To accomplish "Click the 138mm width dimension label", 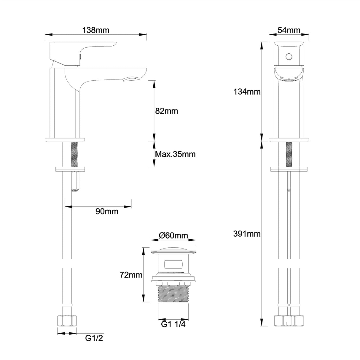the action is click(x=96, y=30).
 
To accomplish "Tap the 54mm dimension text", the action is click(x=289, y=30).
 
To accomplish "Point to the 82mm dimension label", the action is click(x=166, y=111).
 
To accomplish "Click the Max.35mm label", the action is click(x=175, y=154).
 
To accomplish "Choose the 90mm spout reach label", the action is click(x=107, y=211).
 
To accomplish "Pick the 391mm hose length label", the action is click(x=247, y=234).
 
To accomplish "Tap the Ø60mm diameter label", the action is click(x=173, y=236).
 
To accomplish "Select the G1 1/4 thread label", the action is click(x=173, y=325).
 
